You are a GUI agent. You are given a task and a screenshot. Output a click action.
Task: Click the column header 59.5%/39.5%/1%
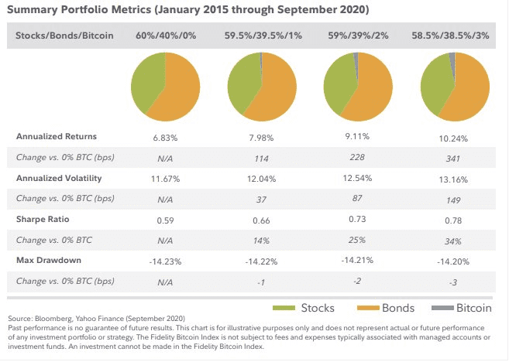[263, 36]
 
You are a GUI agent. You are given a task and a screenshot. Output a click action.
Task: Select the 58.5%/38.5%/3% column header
[450, 36]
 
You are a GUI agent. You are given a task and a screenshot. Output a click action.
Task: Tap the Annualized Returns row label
[57, 136]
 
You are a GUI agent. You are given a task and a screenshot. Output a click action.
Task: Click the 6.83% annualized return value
[165, 138]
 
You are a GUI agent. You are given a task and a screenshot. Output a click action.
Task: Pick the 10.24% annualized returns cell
[453, 138]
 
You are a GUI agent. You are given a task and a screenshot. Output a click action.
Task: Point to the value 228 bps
[357, 157]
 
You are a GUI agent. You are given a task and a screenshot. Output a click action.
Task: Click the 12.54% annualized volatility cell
[357, 178]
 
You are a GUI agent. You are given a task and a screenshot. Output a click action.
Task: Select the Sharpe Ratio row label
[43, 220]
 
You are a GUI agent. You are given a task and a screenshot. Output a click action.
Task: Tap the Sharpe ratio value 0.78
[453, 220]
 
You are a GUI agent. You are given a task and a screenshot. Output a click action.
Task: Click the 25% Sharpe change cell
[357, 240]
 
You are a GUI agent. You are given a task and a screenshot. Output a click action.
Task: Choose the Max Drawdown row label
[49, 260]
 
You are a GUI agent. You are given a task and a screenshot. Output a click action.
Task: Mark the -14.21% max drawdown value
[357, 260]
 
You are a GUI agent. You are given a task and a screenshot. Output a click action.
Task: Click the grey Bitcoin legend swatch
[442, 308]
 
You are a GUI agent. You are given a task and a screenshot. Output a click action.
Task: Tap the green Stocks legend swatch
[284, 308]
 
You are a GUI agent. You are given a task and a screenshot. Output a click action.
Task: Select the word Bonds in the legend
[398, 308]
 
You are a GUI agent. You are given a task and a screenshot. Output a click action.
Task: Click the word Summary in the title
[33, 9]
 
